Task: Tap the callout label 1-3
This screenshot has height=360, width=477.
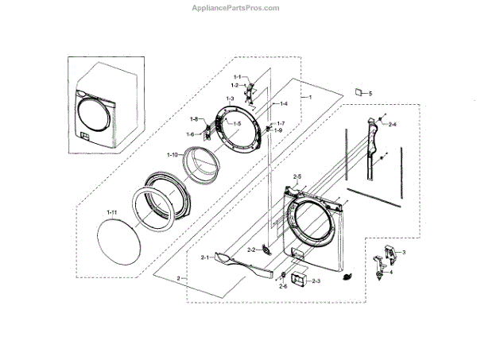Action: coord(230,98)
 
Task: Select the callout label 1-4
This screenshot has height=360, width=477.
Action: coord(282,104)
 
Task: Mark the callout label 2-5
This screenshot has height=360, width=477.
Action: coord(297,175)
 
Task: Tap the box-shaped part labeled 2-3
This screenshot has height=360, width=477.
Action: coord(299,280)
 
